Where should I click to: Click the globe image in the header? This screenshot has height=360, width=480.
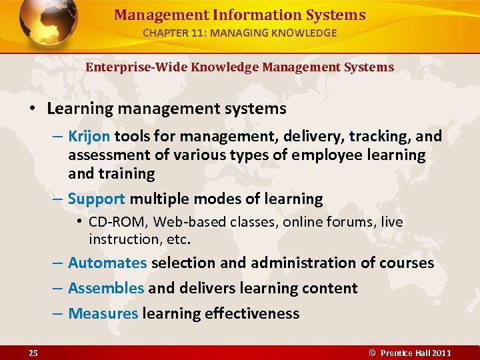[49, 21]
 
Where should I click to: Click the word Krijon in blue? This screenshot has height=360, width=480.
[89, 137]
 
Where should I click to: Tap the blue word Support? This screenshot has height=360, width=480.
[96, 199]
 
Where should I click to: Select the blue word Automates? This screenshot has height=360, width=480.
[107, 263]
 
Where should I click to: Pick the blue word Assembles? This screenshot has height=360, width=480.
[105, 288]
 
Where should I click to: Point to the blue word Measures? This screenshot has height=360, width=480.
[103, 313]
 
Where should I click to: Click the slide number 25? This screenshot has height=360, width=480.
[33, 353]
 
